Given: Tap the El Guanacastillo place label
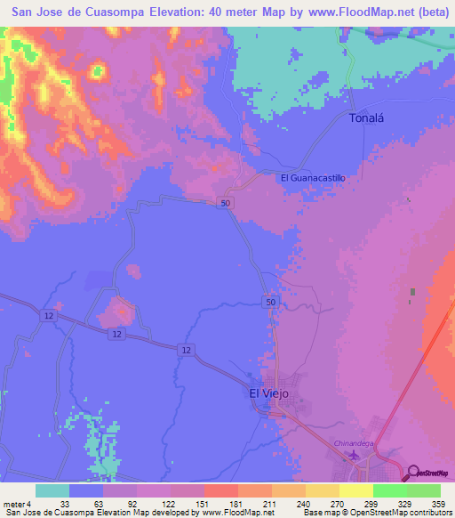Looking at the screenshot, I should pos(312,178).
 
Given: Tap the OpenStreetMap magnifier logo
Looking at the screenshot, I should pos(413,472).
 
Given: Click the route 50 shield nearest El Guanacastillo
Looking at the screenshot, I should pos(227,204).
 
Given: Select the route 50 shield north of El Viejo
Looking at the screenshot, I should pos(268,304).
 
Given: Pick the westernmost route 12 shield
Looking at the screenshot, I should pos(47,315).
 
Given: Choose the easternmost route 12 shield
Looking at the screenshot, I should pos(185,350).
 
